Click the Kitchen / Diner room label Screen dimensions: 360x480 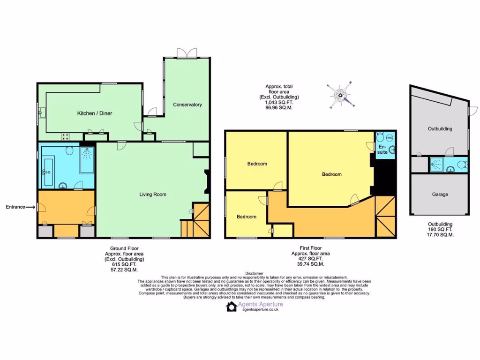[94, 113]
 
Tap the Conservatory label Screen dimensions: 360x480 [187, 105]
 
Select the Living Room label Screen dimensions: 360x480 [153, 194]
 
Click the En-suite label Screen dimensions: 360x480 [382, 150]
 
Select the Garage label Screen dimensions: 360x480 [440, 194]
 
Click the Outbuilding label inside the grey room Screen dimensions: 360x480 [440, 128]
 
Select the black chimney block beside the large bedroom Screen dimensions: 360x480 [383, 177]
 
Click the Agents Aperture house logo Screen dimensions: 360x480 [231, 307]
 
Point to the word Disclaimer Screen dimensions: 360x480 [254, 273]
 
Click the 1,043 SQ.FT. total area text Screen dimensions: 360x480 [279, 103]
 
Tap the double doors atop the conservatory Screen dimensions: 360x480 [186, 52]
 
